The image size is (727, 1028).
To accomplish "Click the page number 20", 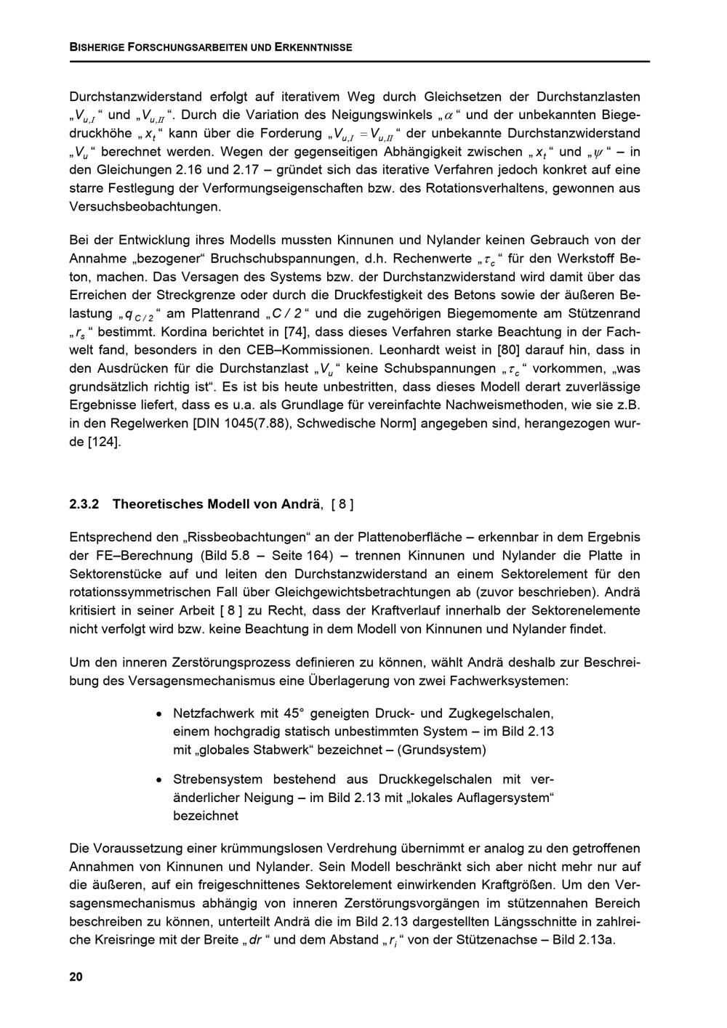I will tap(76, 976).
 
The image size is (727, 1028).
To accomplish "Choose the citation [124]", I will tap(104, 442).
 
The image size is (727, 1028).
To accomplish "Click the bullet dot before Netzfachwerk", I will tap(158, 713).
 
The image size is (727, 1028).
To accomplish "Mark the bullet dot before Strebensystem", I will tap(158, 780).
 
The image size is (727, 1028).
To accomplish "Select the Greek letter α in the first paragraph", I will tap(449, 116).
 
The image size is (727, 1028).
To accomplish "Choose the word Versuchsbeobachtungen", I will tap(144, 206).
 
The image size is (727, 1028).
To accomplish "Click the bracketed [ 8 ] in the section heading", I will tap(342, 503).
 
